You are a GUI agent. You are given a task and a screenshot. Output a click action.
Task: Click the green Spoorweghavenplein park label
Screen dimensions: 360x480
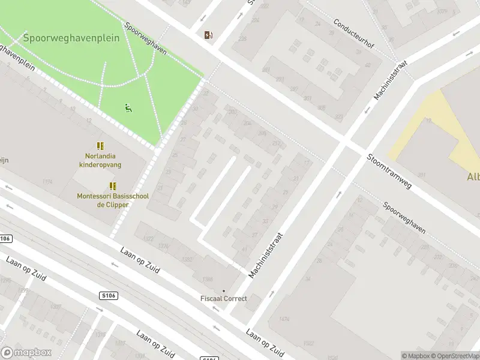[71, 38]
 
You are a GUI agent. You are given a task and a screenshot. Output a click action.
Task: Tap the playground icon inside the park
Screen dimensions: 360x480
[128, 108]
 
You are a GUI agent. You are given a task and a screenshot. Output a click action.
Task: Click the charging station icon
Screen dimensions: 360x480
[208, 35]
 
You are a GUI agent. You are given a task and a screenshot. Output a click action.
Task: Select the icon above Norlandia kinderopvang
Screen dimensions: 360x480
[100, 146]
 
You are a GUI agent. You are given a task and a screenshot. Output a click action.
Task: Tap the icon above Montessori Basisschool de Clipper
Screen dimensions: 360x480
[112, 187]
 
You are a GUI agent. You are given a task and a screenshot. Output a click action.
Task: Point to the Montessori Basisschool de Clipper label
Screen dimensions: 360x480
[112, 200]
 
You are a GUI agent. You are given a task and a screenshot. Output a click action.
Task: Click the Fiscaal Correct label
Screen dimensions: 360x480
[223, 299]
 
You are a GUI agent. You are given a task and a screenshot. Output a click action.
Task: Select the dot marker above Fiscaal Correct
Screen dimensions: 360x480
[224, 291]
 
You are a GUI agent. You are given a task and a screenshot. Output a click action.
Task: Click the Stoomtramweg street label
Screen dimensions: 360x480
[389, 172]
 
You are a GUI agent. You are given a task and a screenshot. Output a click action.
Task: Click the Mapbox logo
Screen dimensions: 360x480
[26, 353]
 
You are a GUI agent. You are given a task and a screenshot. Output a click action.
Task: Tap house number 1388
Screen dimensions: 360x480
[208, 279]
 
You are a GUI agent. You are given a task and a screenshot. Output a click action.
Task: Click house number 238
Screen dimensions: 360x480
[242, 39]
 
